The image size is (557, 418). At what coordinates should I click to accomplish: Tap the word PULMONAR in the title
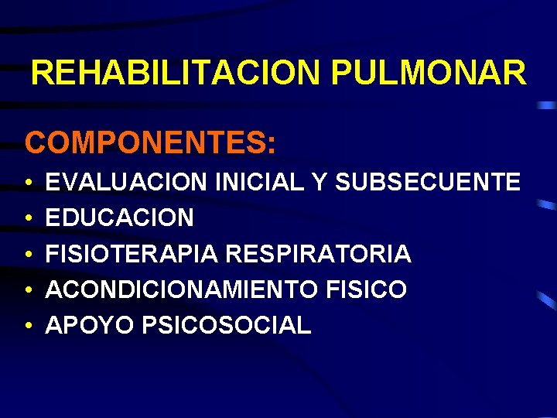428,74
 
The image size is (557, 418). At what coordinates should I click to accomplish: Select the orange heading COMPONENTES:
149,143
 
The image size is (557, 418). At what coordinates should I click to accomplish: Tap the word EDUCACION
120,218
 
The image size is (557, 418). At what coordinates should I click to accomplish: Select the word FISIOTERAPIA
133,254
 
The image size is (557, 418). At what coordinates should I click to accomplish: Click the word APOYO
91,325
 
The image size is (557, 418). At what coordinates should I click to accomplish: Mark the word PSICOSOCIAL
227,325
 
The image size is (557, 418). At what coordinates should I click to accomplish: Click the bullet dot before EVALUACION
27,184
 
